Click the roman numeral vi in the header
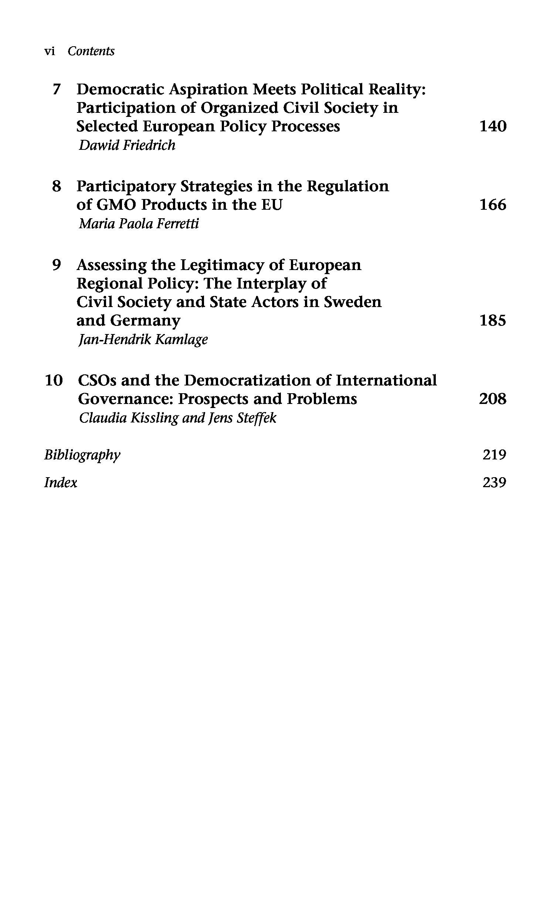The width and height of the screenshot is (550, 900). tap(50, 51)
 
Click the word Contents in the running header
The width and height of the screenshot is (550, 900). tap(91, 51)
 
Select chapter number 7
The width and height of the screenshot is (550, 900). tap(56, 90)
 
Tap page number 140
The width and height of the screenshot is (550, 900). tap(493, 127)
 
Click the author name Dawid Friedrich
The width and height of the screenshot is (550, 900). tap(127, 145)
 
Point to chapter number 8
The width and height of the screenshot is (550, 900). tap(57, 186)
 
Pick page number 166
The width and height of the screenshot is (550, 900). tap(493, 205)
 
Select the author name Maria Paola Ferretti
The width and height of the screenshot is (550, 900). tap(139, 224)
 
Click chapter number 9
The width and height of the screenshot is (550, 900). tap(57, 265)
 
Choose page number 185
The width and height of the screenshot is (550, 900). tap(493, 321)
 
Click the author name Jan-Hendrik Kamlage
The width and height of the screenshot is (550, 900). tap(143, 340)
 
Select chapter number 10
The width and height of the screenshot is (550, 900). tap(54, 381)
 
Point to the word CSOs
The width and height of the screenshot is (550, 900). tap(97, 381)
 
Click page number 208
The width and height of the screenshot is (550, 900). tap(493, 399)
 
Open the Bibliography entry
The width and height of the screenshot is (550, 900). tap(82, 455)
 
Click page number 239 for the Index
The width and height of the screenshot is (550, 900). tap(494, 483)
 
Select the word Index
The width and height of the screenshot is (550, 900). tap(61, 483)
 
